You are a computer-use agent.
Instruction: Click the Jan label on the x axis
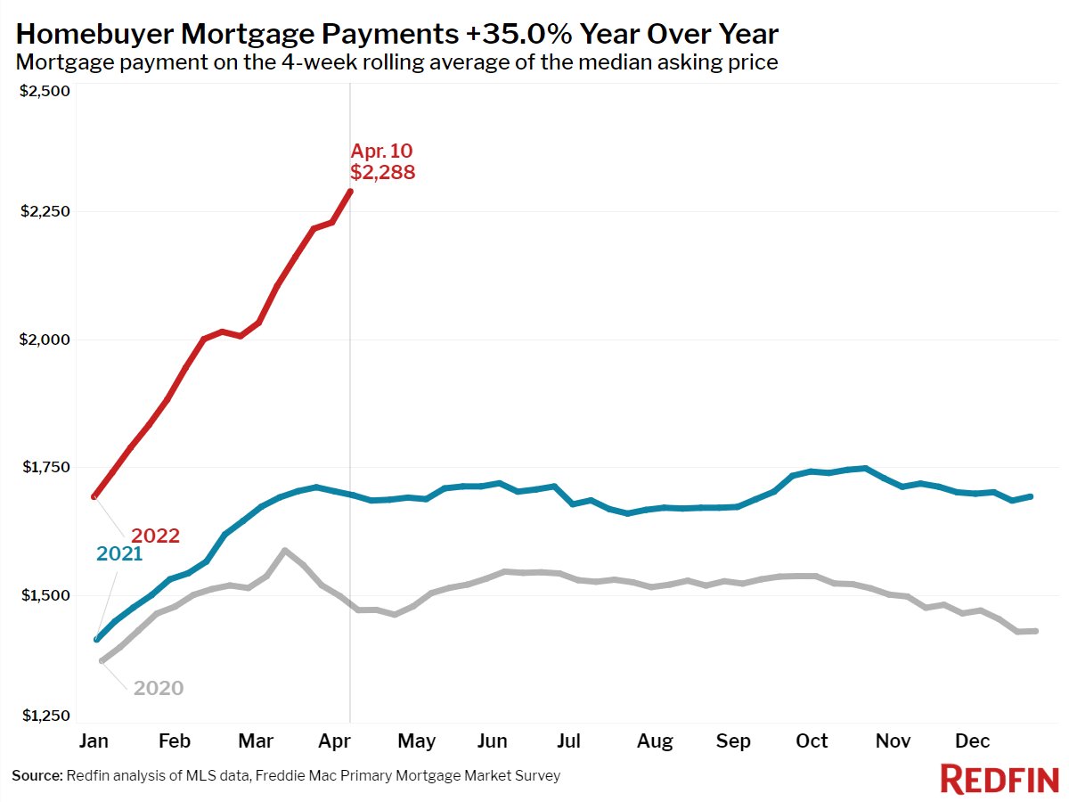coord(94,741)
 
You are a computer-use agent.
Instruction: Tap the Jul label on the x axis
coord(568,741)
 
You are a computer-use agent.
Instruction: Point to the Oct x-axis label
coord(812,741)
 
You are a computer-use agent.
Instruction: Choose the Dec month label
coord(973,741)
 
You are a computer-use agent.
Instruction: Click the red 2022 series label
coord(156,536)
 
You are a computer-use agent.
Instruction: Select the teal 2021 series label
coord(119,554)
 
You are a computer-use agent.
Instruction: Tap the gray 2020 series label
coord(159,688)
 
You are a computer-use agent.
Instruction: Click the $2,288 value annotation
coord(382,173)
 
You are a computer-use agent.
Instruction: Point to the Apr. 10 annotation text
coord(381,151)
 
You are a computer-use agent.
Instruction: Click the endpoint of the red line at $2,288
coord(350,191)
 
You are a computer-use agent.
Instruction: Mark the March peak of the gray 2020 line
coord(284,551)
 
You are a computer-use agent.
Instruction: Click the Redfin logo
coord(1000,779)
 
